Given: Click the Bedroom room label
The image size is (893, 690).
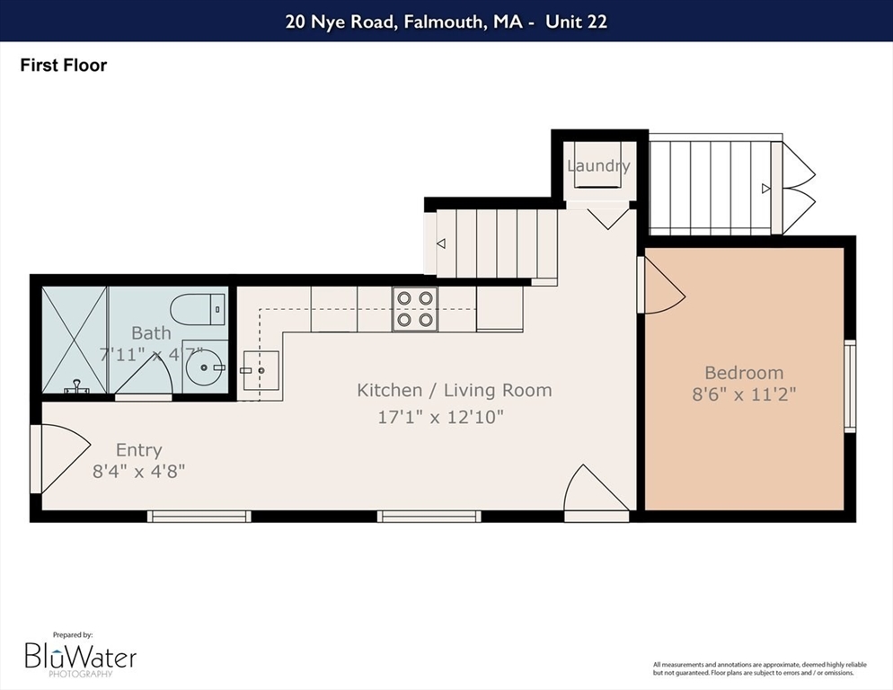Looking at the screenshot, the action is click(744, 373).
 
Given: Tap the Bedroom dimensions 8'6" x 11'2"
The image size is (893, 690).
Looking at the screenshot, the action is click(744, 394).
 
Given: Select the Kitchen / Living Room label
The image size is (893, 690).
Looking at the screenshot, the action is click(455, 390).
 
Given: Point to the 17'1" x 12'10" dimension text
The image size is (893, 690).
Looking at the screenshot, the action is click(441, 417).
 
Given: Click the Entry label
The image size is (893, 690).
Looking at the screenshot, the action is click(139, 450).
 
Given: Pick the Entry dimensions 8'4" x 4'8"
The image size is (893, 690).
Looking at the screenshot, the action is click(139, 472).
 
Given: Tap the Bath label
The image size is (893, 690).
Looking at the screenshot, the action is click(151, 332).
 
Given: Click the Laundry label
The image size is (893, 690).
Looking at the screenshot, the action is click(598, 166).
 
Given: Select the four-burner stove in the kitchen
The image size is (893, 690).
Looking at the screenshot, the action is click(415, 309).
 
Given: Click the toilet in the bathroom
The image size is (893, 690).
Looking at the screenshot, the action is click(199, 309).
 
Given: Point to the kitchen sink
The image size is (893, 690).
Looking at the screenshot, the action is click(261, 370).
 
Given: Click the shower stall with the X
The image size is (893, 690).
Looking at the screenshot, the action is click(75, 341).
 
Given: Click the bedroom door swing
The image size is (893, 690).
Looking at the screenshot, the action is click(665, 285).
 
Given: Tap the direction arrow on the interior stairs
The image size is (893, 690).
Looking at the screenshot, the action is click(441, 243).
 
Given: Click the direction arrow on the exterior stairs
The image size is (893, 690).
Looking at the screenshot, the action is click(766, 188).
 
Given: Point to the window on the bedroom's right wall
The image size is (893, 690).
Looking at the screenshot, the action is click(850, 385).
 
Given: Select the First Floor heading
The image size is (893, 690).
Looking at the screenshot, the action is click(63, 65).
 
